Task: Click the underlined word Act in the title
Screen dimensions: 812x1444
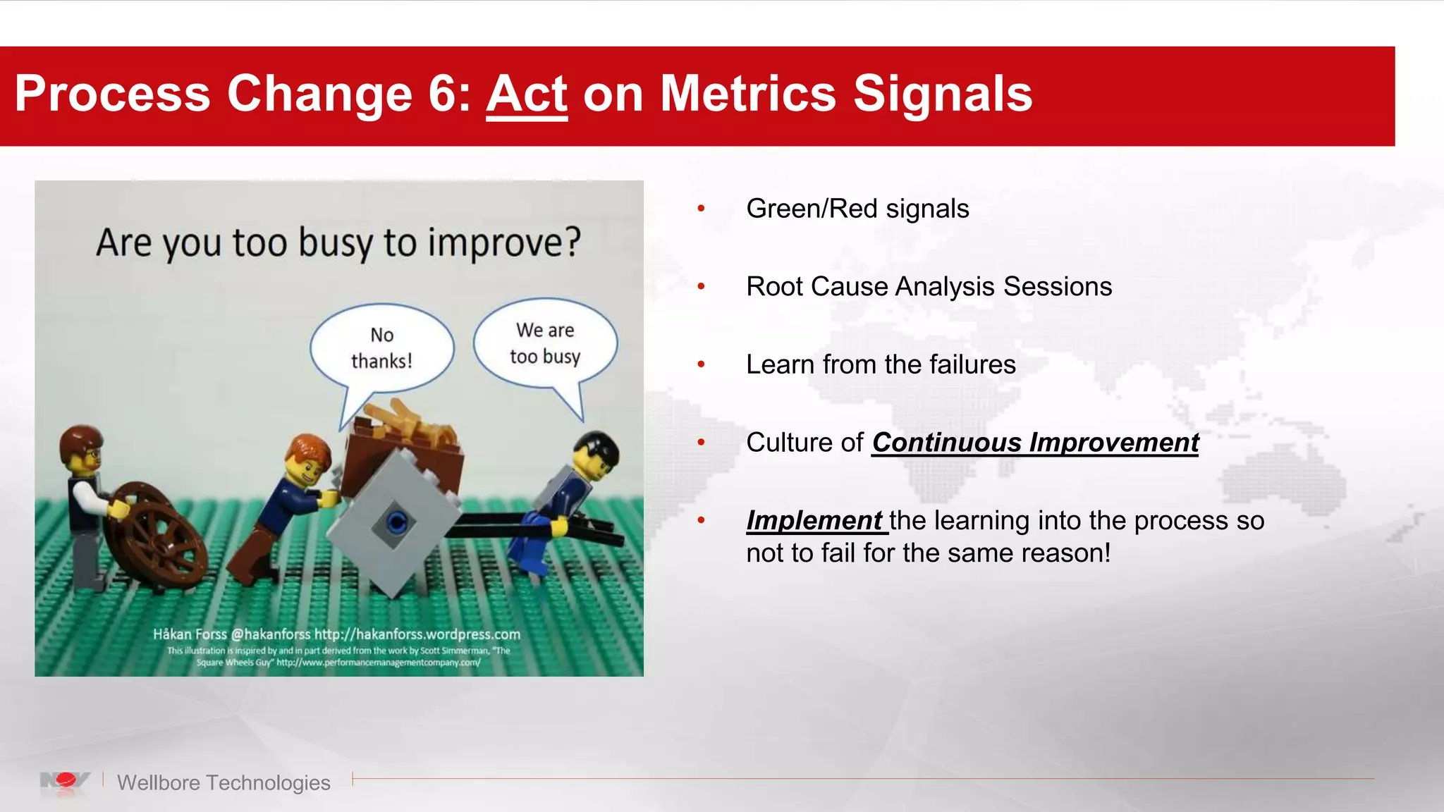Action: pos(526,94)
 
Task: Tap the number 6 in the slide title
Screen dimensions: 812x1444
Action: pos(442,94)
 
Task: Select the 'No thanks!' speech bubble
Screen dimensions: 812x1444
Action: pos(381,348)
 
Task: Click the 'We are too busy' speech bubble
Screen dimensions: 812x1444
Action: pos(545,343)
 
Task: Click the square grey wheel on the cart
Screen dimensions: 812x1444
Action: pos(395,523)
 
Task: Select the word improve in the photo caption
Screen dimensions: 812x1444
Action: pos(504,243)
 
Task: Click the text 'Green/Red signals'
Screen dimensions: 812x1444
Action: pos(857,209)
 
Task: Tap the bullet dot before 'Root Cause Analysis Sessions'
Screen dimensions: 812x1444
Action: pos(701,287)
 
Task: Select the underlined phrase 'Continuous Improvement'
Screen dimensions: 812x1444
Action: pos(1034,443)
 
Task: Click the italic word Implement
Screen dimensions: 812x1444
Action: pos(814,521)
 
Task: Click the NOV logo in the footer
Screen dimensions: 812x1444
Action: pos(65,781)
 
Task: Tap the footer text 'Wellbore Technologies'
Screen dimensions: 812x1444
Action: pos(224,782)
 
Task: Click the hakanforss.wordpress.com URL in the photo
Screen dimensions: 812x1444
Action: pos(417,634)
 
